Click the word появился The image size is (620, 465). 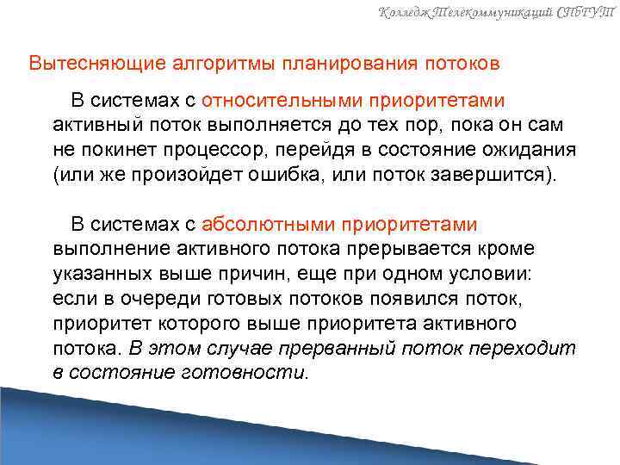click(x=400, y=299)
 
